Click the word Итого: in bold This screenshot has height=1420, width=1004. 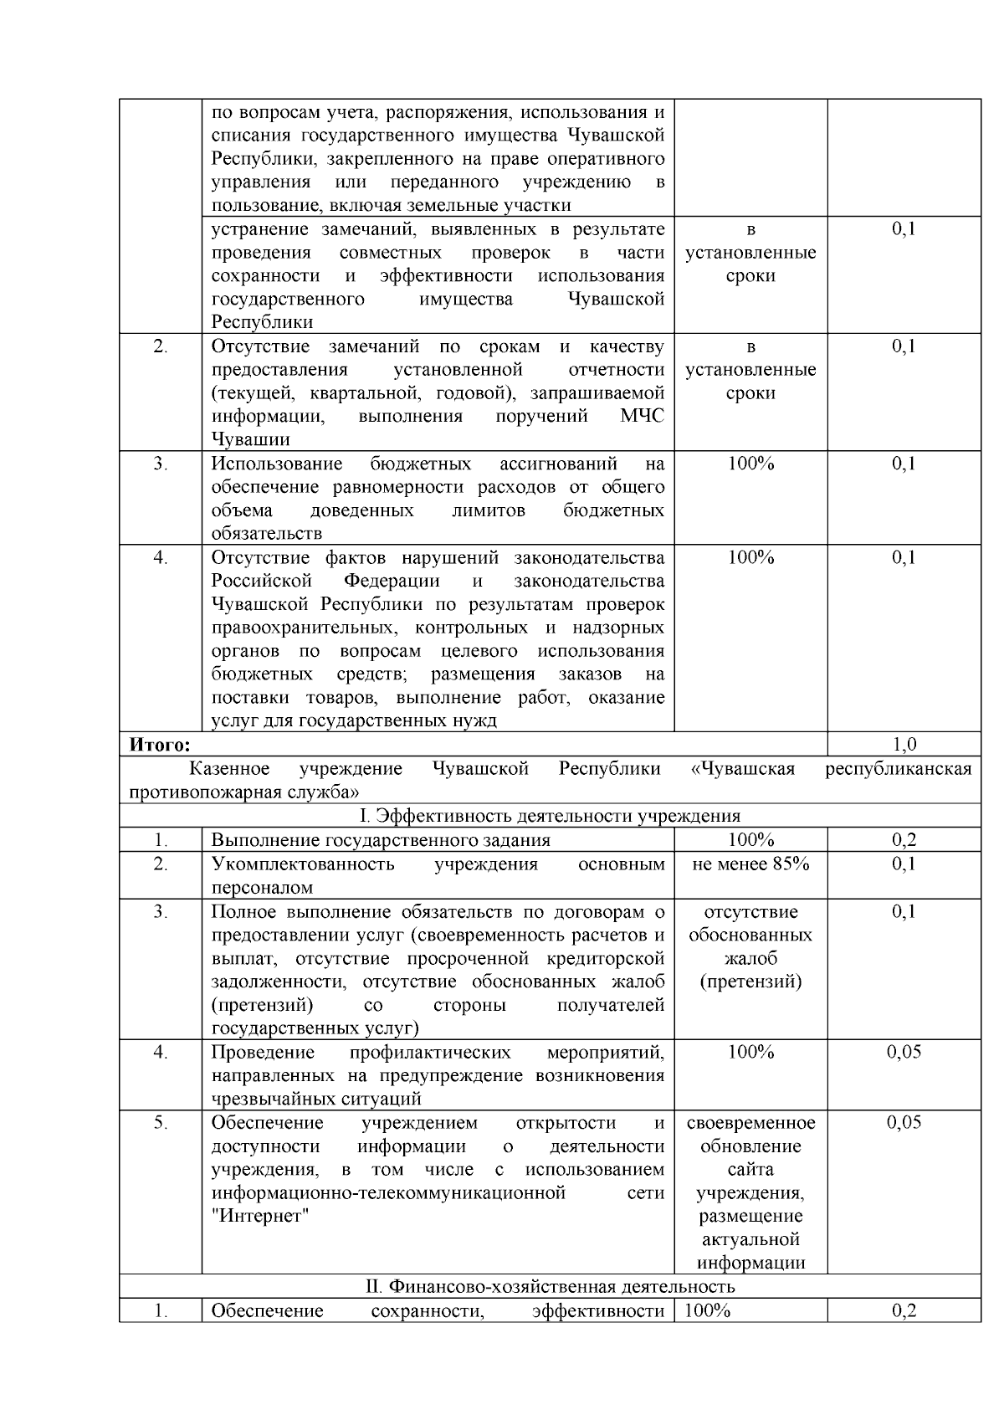tap(160, 744)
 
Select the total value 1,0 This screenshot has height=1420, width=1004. tap(904, 744)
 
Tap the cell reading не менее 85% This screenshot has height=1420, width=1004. tap(750, 864)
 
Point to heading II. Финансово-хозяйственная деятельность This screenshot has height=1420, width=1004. tap(550, 1286)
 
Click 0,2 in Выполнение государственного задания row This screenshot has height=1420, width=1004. tap(904, 840)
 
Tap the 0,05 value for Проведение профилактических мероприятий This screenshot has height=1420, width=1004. tap(904, 1052)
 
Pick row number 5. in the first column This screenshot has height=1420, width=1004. tap(161, 1122)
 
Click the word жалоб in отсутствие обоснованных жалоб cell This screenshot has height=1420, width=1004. tap(750, 958)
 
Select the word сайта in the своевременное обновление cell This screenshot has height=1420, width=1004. tap(750, 1169)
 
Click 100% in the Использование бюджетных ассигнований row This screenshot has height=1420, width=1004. tap(750, 464)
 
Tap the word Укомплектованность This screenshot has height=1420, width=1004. tap(303, 864)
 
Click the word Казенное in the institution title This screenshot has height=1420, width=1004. tap(229, 768)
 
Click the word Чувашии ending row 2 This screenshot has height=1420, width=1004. tap(250, 439)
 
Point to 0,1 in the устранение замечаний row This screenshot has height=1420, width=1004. tap(904, 229)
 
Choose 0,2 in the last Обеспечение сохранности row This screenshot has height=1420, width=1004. tap(904, 1310)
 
